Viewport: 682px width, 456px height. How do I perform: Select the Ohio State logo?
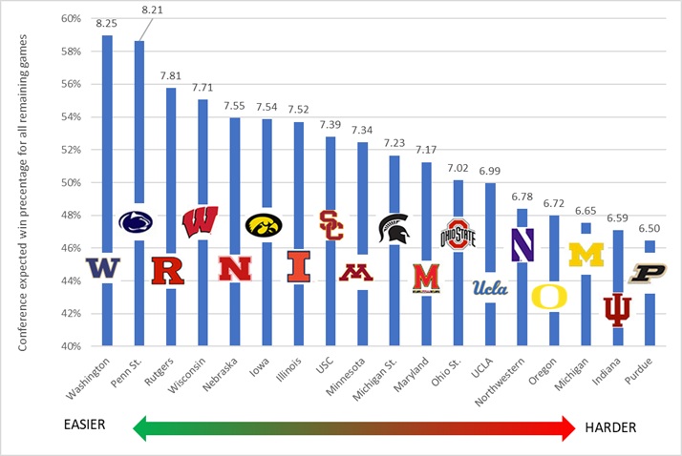click(458, 234)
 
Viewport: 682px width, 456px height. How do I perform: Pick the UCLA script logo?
click(490, 287)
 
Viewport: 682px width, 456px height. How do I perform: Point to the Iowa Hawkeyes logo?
click(264, 224)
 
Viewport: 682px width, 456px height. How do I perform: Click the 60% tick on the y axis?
click(69, 18)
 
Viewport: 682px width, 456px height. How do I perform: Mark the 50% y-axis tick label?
click(69, 182)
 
